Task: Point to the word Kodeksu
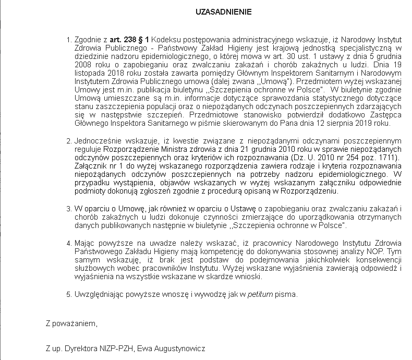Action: (x=166, y=40)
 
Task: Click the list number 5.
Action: (x=69, y=294)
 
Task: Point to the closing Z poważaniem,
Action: (x=71, y=323)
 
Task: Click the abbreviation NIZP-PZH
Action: (x=116, y=348)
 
